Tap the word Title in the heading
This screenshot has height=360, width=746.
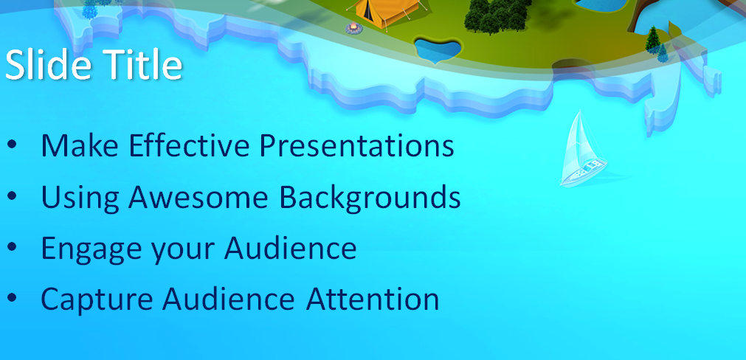point(142,65)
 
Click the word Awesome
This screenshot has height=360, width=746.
point(198,196)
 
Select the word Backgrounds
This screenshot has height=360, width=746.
point(370,197)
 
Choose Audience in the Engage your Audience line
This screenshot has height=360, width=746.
point(290,247)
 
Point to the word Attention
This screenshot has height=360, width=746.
point(373,299)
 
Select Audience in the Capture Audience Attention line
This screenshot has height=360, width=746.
point(229,299)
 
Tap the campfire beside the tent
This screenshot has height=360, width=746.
point(354,29)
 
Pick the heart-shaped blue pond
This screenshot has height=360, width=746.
point(438,49)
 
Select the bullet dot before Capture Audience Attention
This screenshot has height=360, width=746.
point(12,297)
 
